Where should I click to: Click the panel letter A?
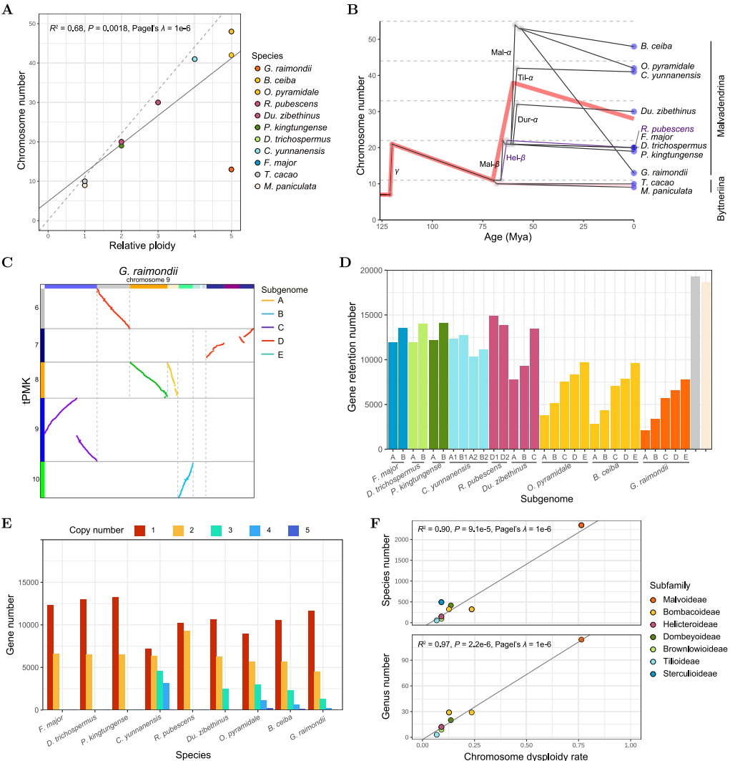click(x=7, y=9)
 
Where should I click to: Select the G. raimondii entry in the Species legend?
click(x=287, y=69)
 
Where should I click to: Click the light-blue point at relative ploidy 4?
click(x=194, y=59)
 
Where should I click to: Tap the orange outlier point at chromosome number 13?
click(x=231, y=170)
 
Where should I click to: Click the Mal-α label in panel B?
click(x=501, y=52)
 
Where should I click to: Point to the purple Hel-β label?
click(x=516, y=157)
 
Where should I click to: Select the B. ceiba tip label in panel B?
click(x=656, y=46)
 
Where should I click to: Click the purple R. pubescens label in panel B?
click(x=667, y=129)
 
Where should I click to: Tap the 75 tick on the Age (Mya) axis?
click(x=483, y=226)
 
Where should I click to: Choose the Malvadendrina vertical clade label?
click(x=721, y=106)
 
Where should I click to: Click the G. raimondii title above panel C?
click(x=148, y=271)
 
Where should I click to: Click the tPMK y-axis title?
click(x=26, y=391)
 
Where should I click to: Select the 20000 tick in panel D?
click(x=371, y=271)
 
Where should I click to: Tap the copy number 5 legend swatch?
click(x=293, y=530)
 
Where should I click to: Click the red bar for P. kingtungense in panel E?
click(x=115, y=653)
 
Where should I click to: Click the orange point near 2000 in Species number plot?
click(x=581, y=525)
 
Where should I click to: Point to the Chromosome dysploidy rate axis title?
click(x=526, y=756)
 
